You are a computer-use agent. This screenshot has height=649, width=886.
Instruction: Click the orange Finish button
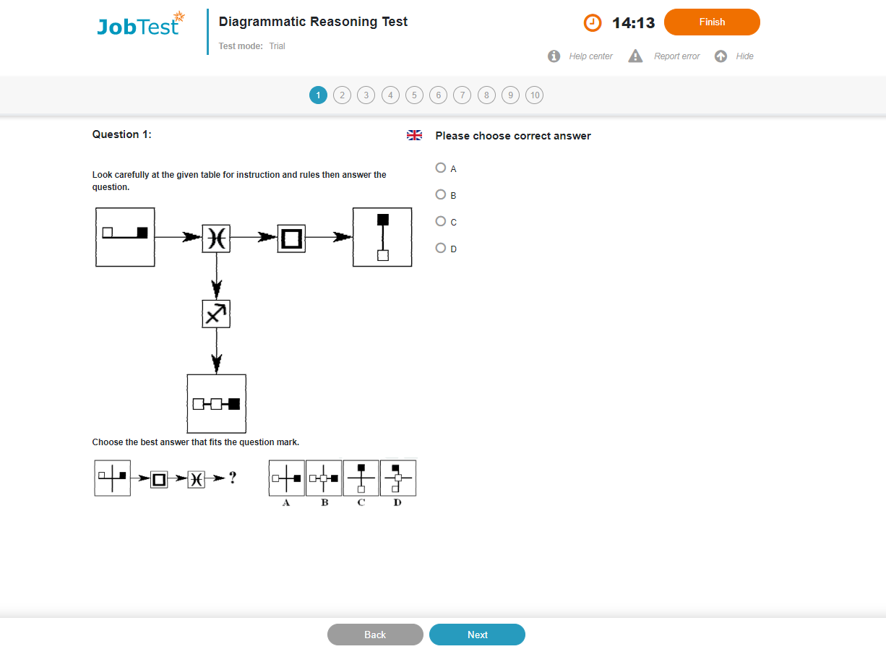point(712,22)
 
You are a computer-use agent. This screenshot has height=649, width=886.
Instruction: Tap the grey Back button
point(375,635)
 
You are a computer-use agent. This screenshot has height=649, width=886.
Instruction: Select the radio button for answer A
point(440,168)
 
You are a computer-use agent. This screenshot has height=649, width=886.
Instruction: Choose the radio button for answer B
point(440,194)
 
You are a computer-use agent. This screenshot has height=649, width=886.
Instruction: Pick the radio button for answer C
point(440,221)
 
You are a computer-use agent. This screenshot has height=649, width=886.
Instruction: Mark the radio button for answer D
point(440,248)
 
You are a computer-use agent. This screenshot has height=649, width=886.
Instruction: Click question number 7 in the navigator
point(462,95)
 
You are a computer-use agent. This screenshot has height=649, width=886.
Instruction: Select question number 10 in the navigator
point(534,95)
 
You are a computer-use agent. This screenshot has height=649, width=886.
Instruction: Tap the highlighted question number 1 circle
point(318,95)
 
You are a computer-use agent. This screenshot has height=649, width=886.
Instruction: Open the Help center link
point(590,56)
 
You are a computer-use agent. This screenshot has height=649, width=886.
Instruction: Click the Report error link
point(676,56)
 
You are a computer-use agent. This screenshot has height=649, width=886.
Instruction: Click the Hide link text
point(744,56)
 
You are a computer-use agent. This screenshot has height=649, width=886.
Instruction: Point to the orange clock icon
point(593,22)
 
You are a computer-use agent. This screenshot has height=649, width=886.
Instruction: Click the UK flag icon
point(414,135)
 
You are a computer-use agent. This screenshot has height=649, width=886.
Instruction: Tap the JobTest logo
point(140,25)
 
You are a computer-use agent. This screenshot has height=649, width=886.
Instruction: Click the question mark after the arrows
point(233,478)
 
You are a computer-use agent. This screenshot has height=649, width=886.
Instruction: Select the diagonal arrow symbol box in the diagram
point(216,314)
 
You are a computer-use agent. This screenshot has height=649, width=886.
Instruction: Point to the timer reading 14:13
point(633,23)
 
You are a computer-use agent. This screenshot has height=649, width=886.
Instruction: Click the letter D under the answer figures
point(397,502)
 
